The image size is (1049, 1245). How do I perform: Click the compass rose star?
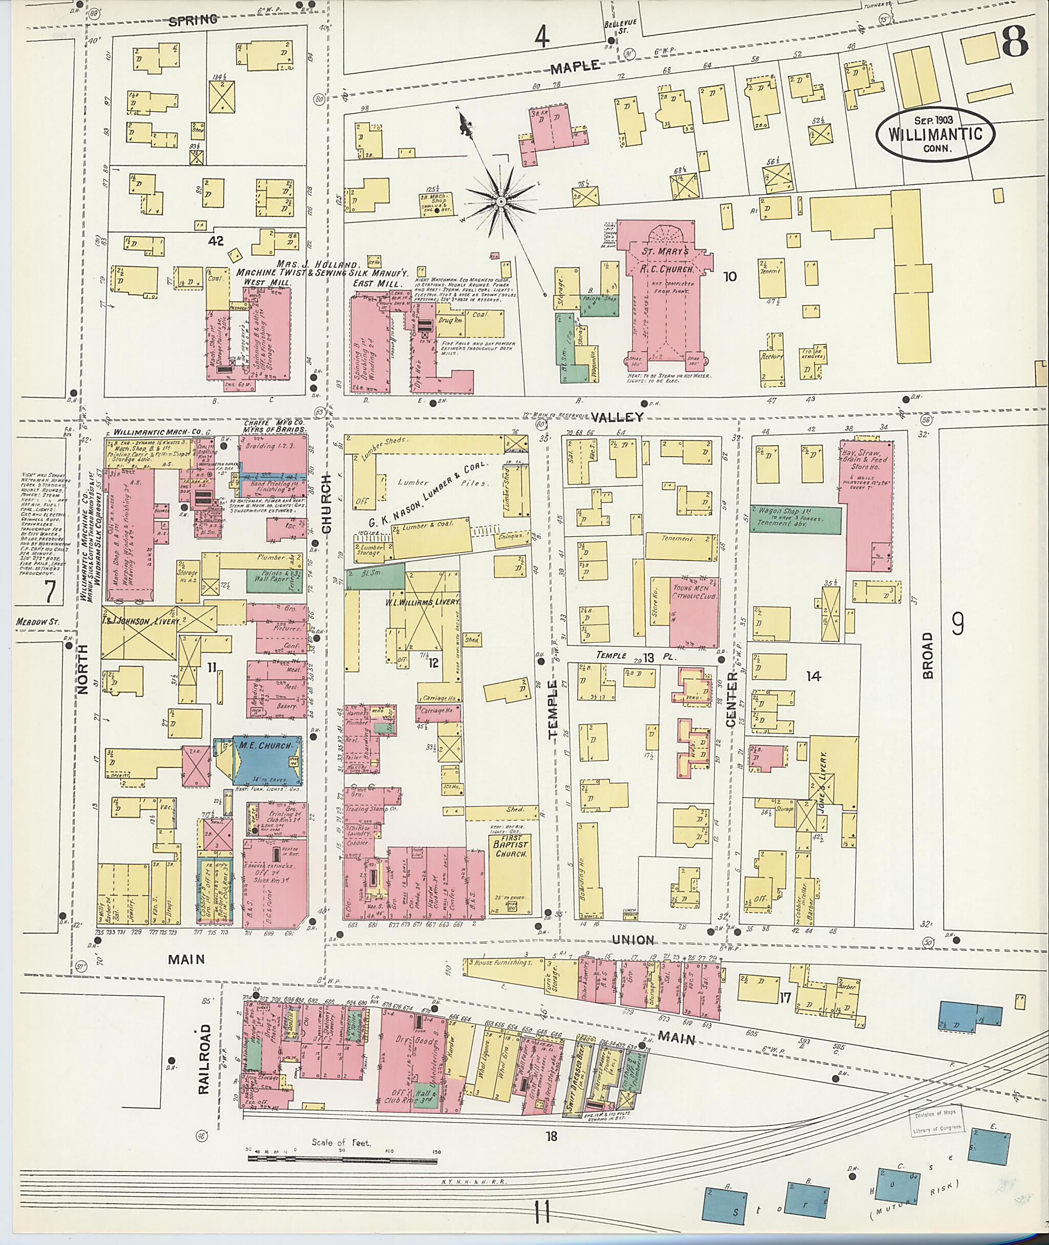tap(501, 202)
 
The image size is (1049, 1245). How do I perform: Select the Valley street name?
tap(618, 417)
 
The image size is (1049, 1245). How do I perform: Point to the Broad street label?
tap(928, 655)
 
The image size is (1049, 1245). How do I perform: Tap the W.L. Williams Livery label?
tap(426, 602)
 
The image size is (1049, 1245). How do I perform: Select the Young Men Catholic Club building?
tap(694, 613)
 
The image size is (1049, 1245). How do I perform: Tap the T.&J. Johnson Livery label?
tap(140, 621)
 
